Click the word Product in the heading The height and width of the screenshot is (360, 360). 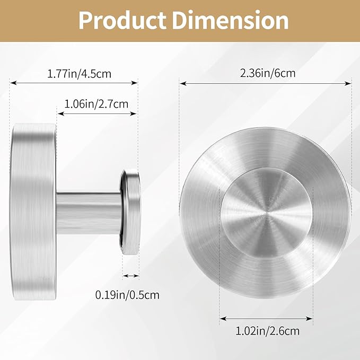pyautogui.click(x=122, y=20)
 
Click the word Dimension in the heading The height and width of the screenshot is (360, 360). pyautogui.click(x=230, y=20)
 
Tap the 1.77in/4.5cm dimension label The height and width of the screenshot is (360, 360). pyautogui.click(x=79, y=74)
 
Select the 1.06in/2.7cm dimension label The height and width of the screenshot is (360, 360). pyautogui.click(x=96, y=104)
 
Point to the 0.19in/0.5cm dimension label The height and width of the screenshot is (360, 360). pyautogui.click(x=127, y=295)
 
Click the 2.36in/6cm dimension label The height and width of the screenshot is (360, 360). pyautogui.click(x=268, y=73)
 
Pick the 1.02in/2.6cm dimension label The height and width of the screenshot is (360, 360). pyautogui.click(x=268, y=331)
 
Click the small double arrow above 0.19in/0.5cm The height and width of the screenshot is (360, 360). pyautogui.click(x=130, y=276)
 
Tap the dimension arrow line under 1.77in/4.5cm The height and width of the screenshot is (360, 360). pyautogui.click(x=74, y=83)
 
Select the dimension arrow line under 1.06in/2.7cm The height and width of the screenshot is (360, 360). pyautogui.click(x=97, y=113)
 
